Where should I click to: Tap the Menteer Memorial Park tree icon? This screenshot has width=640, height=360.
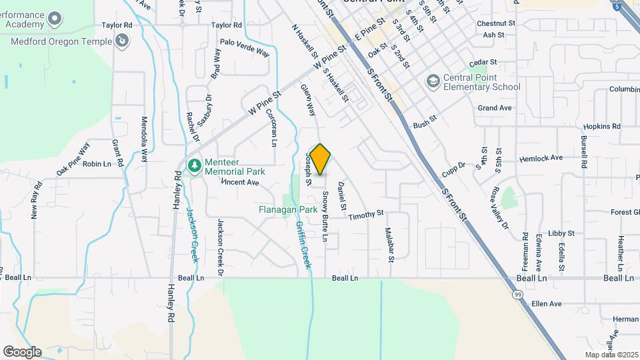[194, 165]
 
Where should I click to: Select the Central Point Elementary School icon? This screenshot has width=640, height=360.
[433, 81]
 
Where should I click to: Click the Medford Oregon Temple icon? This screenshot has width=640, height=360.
[121, 42]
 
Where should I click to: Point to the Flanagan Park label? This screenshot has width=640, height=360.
[288, 209]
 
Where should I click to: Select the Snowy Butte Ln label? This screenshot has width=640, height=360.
[325, 215]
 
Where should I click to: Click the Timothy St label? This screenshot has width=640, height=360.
[366, 215]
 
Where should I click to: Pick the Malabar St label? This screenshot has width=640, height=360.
[390, 243]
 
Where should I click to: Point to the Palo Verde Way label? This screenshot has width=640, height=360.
[245, 52]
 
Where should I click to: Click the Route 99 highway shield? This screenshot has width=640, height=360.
[517, 293]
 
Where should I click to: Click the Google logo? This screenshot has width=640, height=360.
[22, 351]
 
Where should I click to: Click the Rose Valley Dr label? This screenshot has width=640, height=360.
[500, 207]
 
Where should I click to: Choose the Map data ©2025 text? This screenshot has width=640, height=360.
[611, 355]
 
